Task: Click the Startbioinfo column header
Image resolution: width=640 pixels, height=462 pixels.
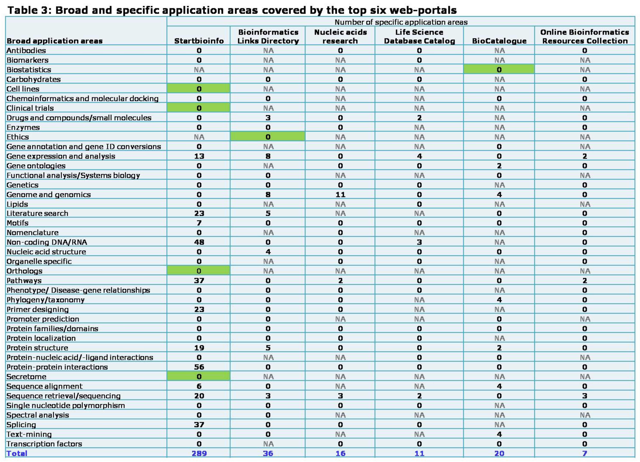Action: click(x=199, y=41)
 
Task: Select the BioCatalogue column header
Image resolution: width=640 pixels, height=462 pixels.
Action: click(x=499, y=41)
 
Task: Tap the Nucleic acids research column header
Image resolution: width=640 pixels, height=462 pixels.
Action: click(x=340, y=36)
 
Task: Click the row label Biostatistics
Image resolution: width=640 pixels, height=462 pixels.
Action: click(x=29, y=70)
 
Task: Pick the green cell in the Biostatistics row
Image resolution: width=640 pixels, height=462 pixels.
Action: click(x=499, y=69)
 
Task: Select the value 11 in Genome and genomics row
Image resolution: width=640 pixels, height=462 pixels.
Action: click(x=340, y=195)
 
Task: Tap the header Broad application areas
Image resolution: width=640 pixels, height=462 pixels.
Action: click(x=54, y=41)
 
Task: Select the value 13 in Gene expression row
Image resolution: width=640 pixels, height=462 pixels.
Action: click(x=199, y=156)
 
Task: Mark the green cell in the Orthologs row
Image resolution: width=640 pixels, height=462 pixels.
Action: click(x=199, y=271)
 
